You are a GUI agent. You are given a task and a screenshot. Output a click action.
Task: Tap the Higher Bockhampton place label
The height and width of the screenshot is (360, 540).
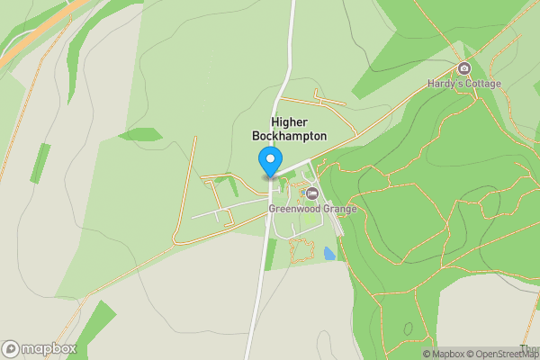tap(289, 129)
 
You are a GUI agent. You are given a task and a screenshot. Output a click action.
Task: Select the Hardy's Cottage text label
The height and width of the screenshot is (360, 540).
tap(464, 84)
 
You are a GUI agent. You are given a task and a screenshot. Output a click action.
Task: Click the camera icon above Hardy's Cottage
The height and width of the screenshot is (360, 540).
tap(464, 69)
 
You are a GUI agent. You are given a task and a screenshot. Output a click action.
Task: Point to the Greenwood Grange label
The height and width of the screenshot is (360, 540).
tap(312, 209)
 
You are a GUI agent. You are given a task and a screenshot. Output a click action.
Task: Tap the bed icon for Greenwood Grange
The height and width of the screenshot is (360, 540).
tap(312, 193)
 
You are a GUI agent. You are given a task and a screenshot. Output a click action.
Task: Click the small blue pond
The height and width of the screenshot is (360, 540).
tap(329, 255)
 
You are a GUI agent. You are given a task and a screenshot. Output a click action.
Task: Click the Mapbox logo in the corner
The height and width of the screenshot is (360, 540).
tap(40, 349)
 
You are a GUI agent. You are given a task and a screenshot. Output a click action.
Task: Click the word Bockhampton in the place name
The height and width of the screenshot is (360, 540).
tap(289, 136)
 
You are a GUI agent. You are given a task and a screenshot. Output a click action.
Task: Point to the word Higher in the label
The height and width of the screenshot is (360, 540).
tap(289, 121)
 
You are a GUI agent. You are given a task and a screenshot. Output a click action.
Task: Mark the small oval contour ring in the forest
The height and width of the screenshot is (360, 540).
tap(408, 329)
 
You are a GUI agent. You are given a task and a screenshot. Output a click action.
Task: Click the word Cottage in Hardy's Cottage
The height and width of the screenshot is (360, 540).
tap(481, 84)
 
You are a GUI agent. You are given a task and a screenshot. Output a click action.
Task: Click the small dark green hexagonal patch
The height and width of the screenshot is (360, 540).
tap(140, 135)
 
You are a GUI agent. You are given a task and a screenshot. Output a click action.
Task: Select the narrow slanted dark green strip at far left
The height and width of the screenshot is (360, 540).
tap(40, 163)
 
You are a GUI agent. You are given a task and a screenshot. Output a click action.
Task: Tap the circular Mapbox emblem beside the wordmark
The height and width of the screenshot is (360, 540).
tap(11, 349)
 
